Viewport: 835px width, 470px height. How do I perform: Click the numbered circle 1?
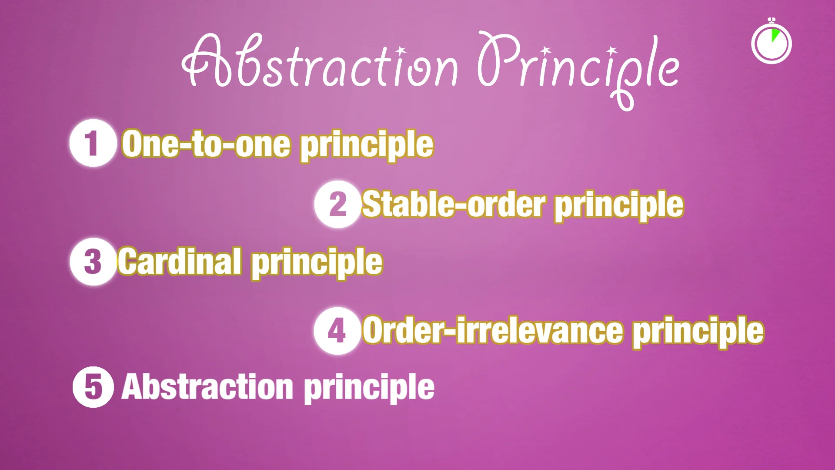click(x=93, y=143)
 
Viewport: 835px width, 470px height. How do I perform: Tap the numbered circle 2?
click(x=337, y=204)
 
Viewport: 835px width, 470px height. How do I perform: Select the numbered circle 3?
click(x=93, y=262)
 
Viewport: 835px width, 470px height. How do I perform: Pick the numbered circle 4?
click(x=337, y=331)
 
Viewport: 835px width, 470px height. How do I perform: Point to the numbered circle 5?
click(x=93, y=387)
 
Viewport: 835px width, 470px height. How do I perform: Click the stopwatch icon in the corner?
click(x=772, y=43)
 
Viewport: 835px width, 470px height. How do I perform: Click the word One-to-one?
click(x=206, y=144)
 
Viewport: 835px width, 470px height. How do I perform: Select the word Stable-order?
click(x=453, y=205)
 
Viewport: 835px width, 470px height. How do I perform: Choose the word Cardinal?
click(x=180, y=262)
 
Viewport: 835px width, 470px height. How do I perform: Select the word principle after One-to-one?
click(x=367, y=146)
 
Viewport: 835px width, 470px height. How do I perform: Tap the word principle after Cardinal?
click(x=317, y=263)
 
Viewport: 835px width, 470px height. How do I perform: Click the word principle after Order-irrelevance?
click(x=698, y=332)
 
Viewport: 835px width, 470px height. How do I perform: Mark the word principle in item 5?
click(x=369, y=389)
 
